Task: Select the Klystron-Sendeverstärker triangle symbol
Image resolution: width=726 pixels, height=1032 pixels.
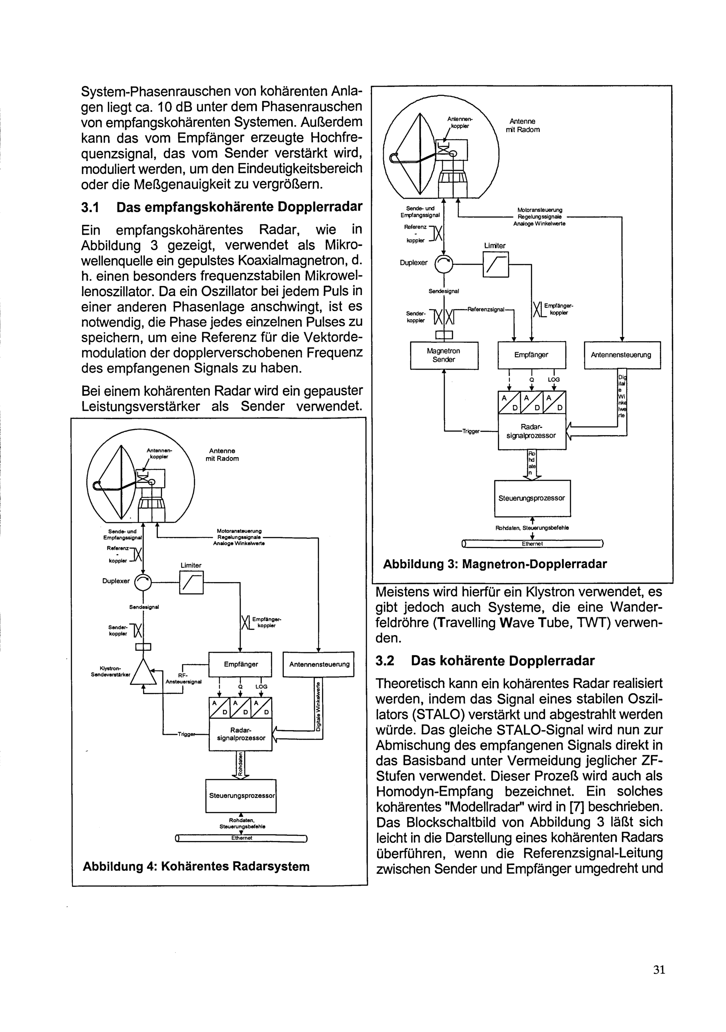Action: pos(143,673)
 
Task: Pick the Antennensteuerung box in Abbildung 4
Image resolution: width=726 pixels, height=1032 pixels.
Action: pos(319,664)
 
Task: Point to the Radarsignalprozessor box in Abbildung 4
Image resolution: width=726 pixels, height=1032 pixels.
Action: pos(241,734)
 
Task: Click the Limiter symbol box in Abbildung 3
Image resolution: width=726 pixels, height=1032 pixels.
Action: pos(495,264)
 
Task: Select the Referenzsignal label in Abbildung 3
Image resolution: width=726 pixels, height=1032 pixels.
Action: pos(486,309)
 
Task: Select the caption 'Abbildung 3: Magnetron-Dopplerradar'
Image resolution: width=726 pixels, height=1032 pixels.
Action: pos(494,564)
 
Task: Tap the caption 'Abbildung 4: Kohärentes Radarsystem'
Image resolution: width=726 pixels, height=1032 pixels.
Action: pos(196,867)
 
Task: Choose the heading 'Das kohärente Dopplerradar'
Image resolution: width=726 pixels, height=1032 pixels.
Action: pos(503,661)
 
